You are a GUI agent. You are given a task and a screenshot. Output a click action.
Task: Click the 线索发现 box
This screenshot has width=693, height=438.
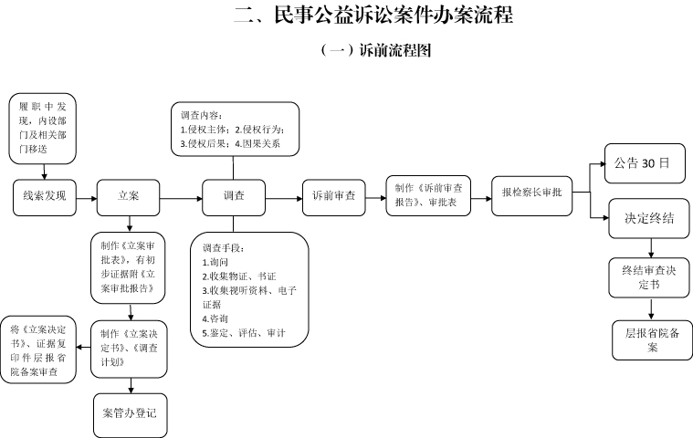tap(44, 197)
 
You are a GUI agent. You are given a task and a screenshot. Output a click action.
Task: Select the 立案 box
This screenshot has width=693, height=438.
tap(128, 197)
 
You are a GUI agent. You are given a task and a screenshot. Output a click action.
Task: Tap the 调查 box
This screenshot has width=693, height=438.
tap(234, 197)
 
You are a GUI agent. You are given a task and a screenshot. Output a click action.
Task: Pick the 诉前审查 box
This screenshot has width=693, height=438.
tap(333, 197)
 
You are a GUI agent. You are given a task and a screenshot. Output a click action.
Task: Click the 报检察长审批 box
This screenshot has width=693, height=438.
tap(531, 195)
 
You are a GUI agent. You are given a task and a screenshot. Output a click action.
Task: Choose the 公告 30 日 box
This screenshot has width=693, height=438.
tap(645, 163)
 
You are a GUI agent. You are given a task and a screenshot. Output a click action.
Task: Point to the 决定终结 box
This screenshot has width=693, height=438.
tap(649, 219)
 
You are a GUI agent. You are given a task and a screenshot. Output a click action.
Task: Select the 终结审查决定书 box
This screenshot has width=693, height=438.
tap(649, 277)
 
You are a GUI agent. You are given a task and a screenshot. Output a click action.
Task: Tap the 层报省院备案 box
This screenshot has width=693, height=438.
tap(652, 340)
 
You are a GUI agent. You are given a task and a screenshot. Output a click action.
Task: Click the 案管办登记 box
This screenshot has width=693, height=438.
tap(131, 415)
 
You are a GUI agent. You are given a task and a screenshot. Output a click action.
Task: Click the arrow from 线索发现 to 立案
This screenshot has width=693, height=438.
tap(87, 199)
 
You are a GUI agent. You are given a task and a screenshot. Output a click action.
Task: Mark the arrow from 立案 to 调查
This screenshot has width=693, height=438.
tap(181, 199)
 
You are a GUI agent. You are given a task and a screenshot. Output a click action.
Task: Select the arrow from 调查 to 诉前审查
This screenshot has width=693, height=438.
tap(284, 199)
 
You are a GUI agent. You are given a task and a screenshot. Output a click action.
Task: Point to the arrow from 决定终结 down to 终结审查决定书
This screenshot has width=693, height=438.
tap(651, 248)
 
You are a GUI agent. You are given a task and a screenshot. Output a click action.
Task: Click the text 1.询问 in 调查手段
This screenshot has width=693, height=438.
tap(215, 262)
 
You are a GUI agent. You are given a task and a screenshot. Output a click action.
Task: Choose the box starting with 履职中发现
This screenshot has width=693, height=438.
tap(42, 129)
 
